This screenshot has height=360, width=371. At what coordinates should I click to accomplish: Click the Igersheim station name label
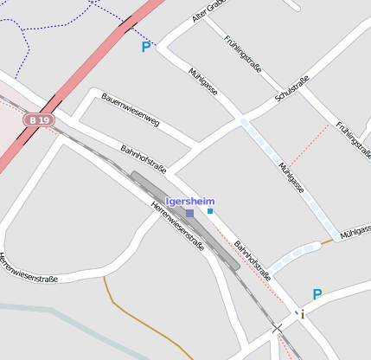tap(189, 201)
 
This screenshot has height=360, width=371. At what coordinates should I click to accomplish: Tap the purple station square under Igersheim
tap(189, 212)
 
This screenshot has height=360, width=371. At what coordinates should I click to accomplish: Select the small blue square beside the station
tap(209, 210)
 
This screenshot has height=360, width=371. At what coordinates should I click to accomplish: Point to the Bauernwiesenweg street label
tap(131, 110)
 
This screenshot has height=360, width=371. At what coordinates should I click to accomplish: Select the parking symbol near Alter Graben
tap(145, 47)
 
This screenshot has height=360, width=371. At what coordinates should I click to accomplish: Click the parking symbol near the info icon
tap(317, 294)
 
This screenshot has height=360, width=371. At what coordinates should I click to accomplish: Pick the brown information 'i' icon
tap(303, 314)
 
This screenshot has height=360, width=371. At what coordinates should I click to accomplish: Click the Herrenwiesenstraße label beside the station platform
tap(177, 225)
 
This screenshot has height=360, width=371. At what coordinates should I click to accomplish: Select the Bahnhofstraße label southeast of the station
tap(253, 260)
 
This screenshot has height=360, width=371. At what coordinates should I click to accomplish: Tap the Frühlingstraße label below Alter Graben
tap(243, 54)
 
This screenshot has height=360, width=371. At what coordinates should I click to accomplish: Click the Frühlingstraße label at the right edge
tap(353, 138)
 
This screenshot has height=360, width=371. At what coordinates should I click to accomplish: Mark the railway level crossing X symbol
tap(277, 328)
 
